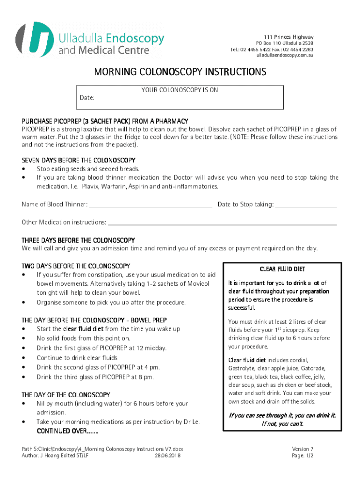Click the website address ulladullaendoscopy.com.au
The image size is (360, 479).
(x=285, y=56)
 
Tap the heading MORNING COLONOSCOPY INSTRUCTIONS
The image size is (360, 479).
(x=180, y=72)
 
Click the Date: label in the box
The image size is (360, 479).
(x=87, y=98)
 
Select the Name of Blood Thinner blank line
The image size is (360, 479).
(x=150, y=204)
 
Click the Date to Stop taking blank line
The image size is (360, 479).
(x=306, y=204)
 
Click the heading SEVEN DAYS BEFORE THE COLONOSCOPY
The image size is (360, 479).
(x=78, y=160)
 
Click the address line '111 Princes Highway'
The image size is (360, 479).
(x=288, y=37)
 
